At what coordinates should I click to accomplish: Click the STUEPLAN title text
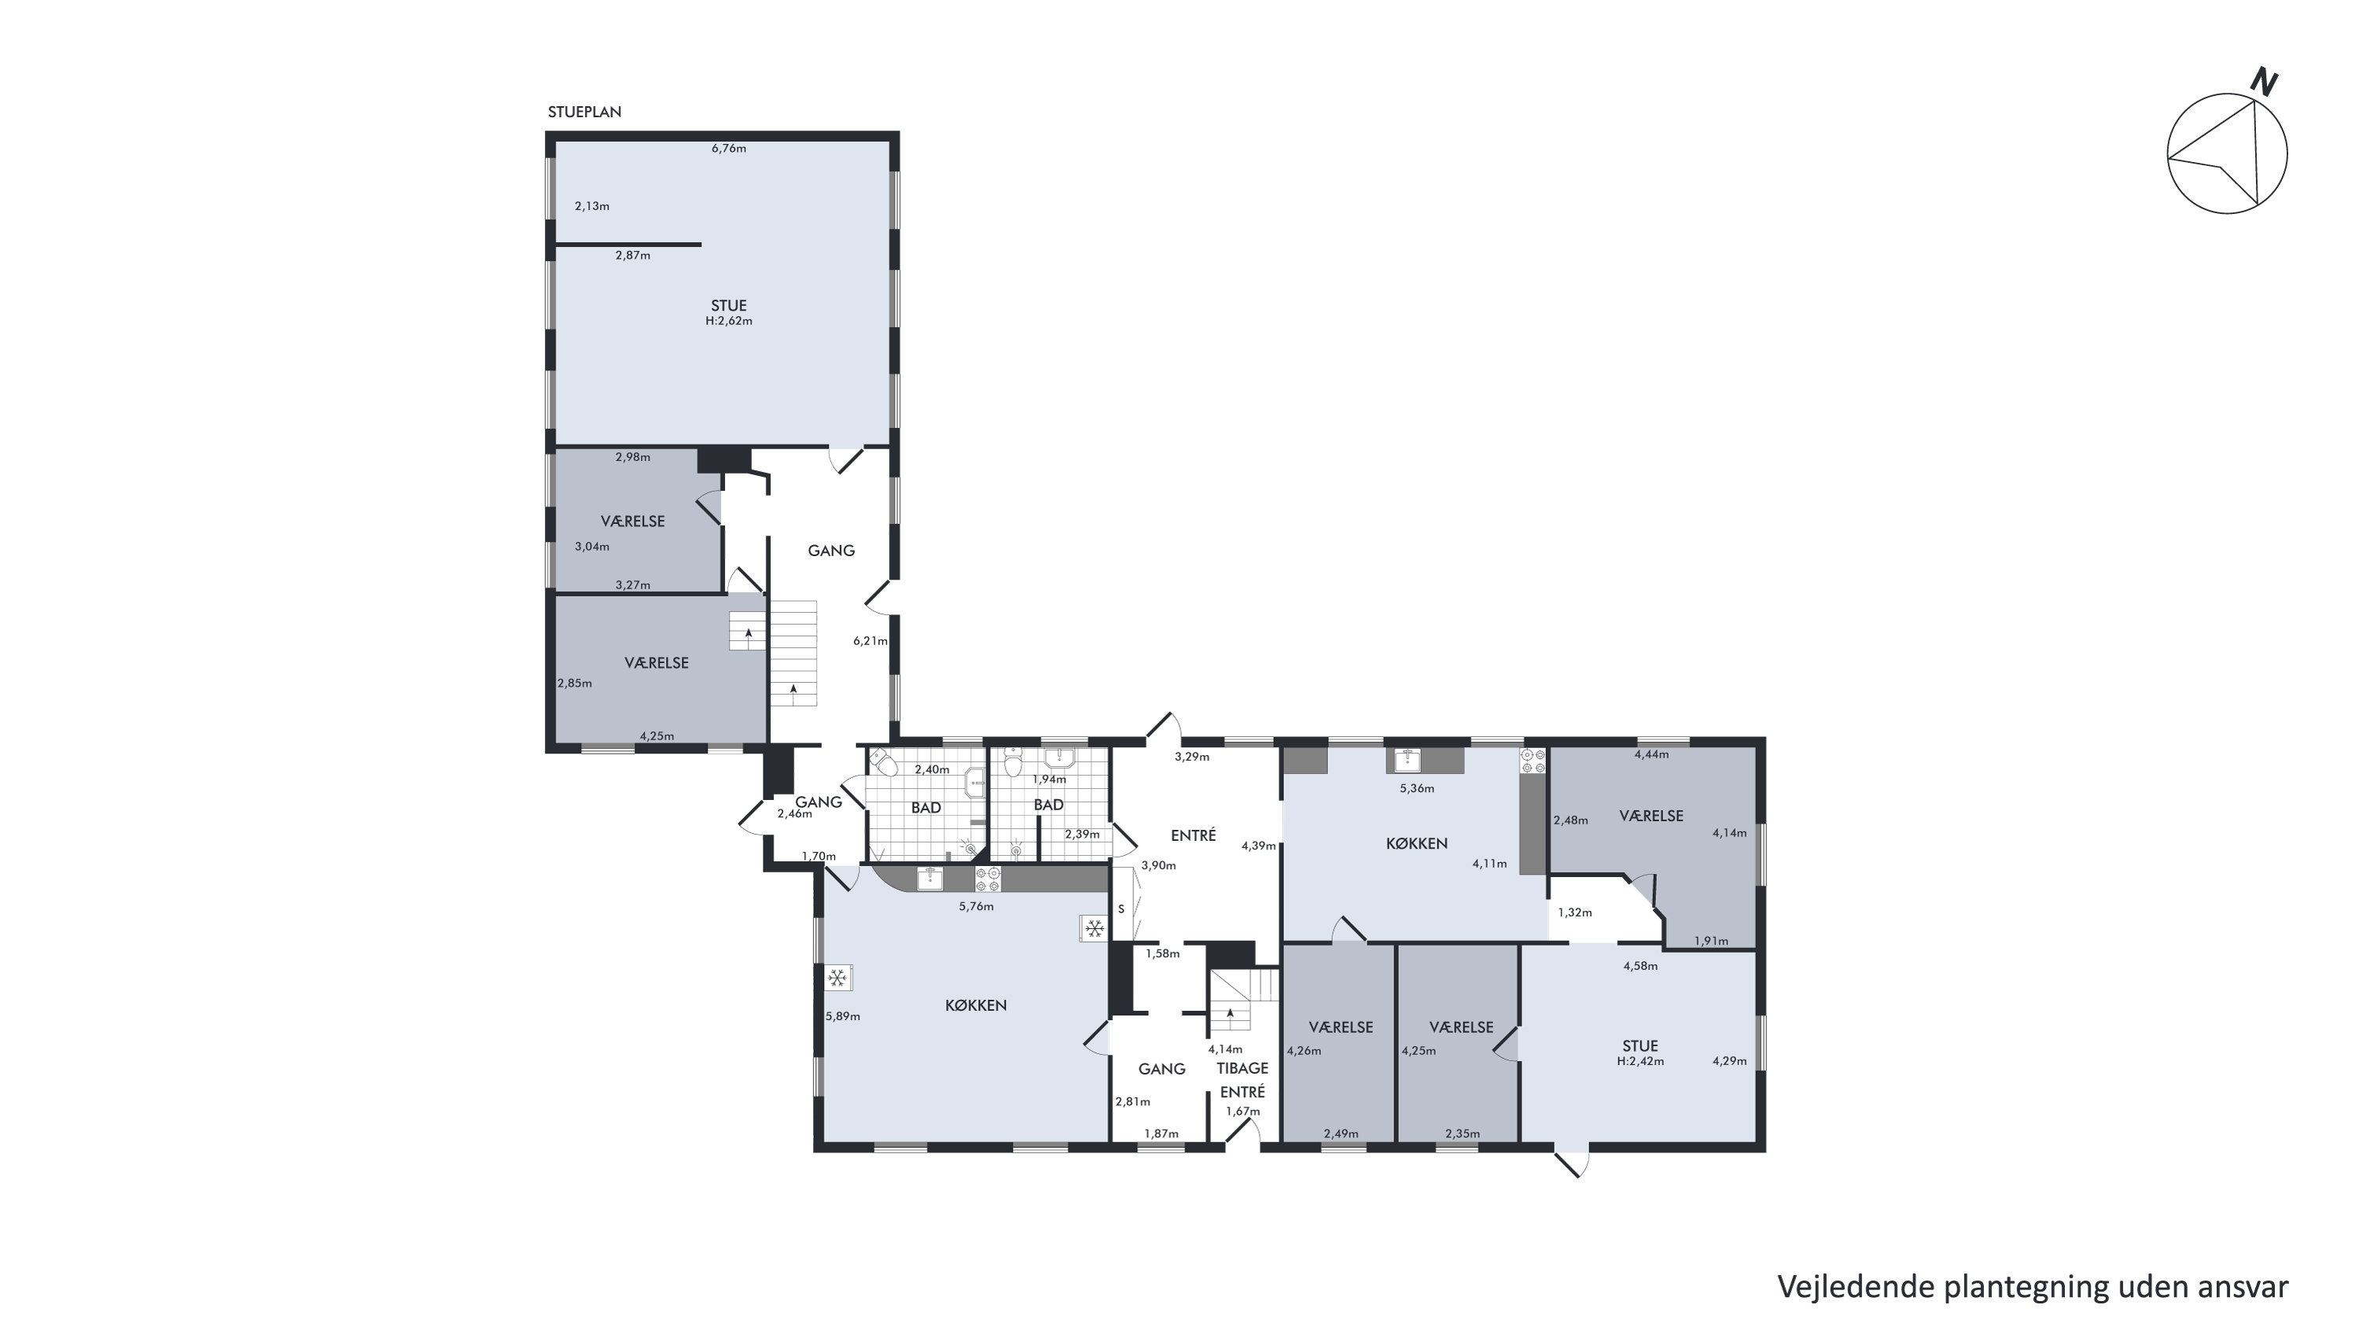point(584,112)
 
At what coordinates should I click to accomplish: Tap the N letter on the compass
point(2264,83)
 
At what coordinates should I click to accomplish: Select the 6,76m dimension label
point(729,149)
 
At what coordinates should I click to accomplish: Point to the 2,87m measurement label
point(633,256)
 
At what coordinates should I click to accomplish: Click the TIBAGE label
point(1242,1068)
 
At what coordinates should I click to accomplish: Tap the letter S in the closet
point(1121,909)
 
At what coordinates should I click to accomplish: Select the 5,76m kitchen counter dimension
point(976,907)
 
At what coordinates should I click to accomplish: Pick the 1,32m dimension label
point(1575,912)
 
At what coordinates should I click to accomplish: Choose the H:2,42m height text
point(1640,1061)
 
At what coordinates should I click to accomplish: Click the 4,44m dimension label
point(1652,754)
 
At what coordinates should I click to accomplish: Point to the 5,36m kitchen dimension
point(1418,788)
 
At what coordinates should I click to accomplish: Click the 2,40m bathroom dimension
point(933,770)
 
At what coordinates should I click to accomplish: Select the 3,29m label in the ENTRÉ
point(1192,757)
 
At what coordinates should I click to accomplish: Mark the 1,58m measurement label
point(1163,953)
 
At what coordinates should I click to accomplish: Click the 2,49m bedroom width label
point(1341,1133)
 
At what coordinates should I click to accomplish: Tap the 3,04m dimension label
point(592,547)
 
